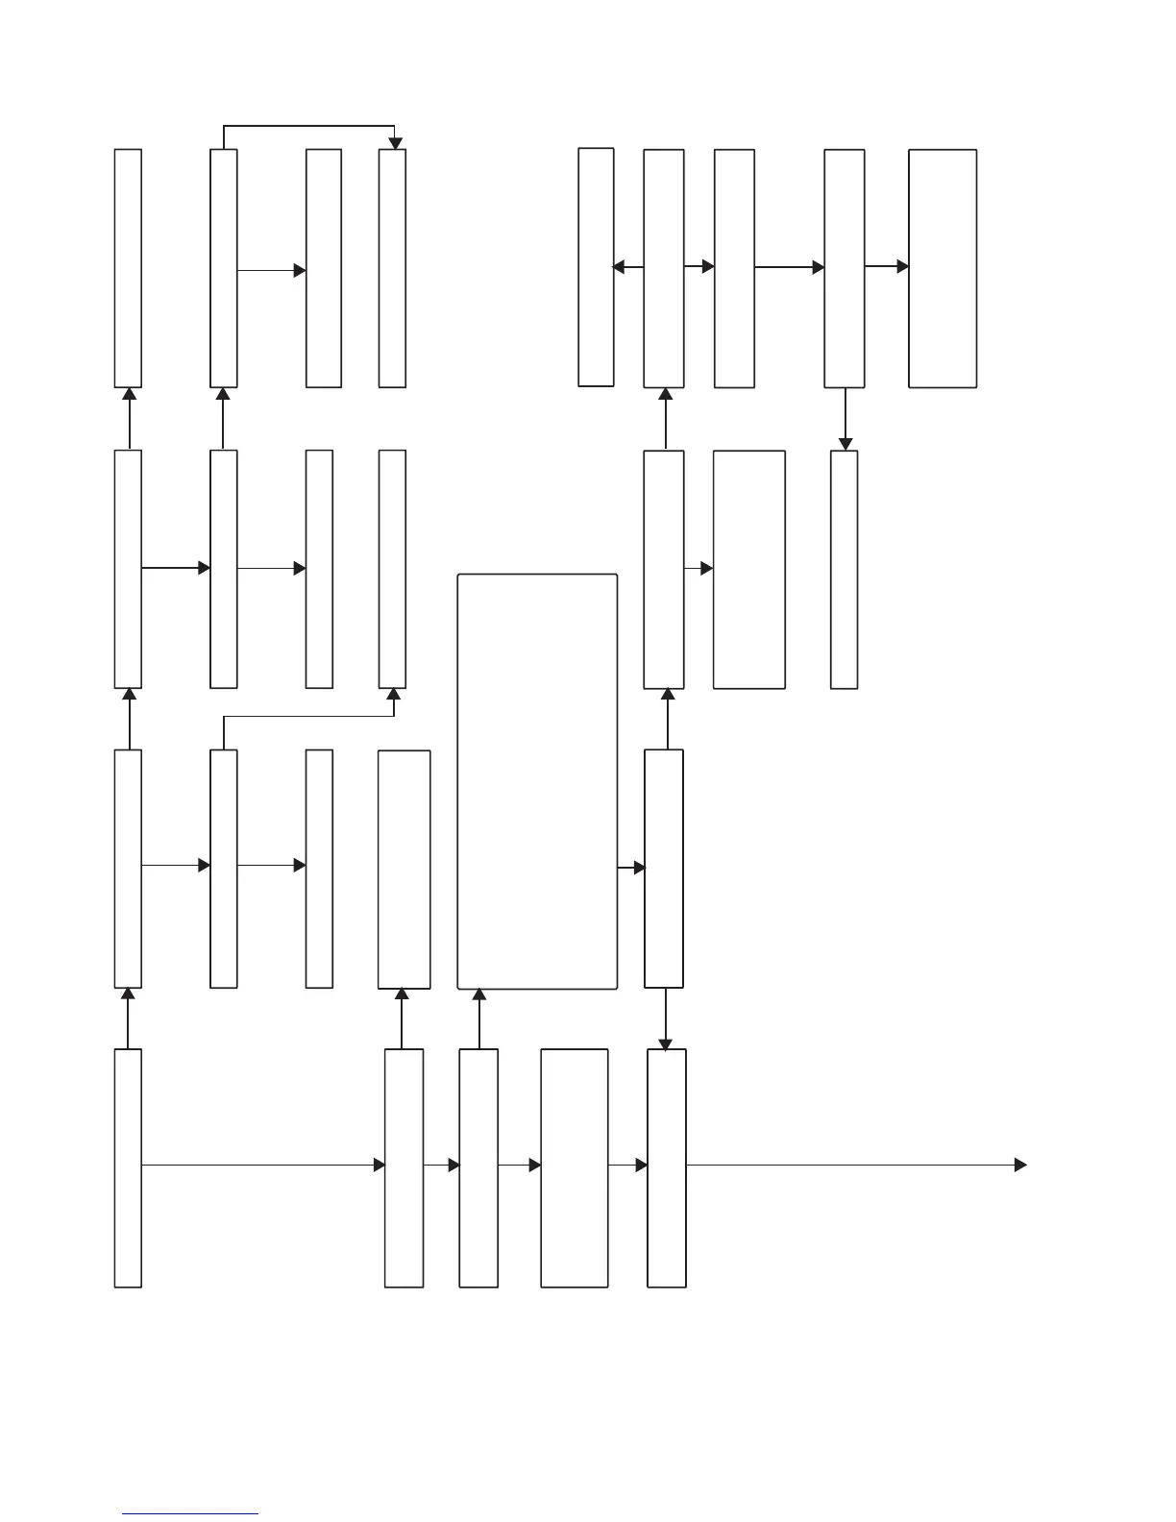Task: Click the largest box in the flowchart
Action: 537,781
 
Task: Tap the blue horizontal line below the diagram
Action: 190,1514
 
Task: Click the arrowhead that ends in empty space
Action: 1020,1166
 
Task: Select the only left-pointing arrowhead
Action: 619,267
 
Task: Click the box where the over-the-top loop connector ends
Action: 392,268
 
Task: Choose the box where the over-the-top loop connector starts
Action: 224,268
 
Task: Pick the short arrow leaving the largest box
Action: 630,868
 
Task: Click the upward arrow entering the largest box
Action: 478,1019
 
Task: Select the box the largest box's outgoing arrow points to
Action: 664,869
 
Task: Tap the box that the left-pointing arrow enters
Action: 596,267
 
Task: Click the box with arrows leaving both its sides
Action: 664,268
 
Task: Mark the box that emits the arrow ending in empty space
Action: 667,1167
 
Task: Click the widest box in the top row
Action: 943,268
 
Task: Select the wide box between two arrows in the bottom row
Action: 575,1167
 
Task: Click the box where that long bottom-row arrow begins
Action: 128,1167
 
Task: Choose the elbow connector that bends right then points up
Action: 307,717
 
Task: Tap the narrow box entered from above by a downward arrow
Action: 844,569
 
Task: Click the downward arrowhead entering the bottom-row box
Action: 665,1044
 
